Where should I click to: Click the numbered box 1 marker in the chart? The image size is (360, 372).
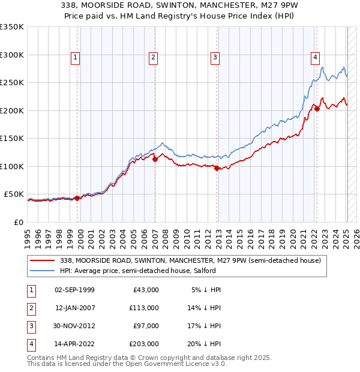[x=76, y=58]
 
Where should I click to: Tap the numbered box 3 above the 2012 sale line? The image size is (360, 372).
[x=215, y=58]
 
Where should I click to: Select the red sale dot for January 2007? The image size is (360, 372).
[x=155, y=159]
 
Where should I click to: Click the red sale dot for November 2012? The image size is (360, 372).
[x=217, y=168]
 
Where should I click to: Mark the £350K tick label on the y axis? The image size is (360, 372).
[x=12, y=27]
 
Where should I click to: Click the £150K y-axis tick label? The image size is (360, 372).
[x=12, y=139]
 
